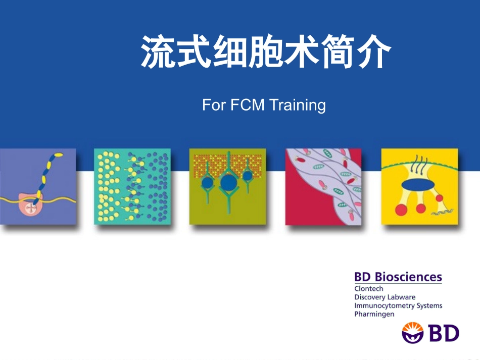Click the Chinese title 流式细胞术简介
click(265, 53)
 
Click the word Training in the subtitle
click(297, 105)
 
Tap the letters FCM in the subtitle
click(248, 105)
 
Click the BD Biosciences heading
click(398, 277)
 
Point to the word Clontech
click(369, 289)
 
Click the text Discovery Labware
click(385, 297)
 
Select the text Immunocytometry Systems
click(398, 305)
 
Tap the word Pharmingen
click(374, 314)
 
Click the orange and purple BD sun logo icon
click(412, 333)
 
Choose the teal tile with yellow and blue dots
click(132, 186)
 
